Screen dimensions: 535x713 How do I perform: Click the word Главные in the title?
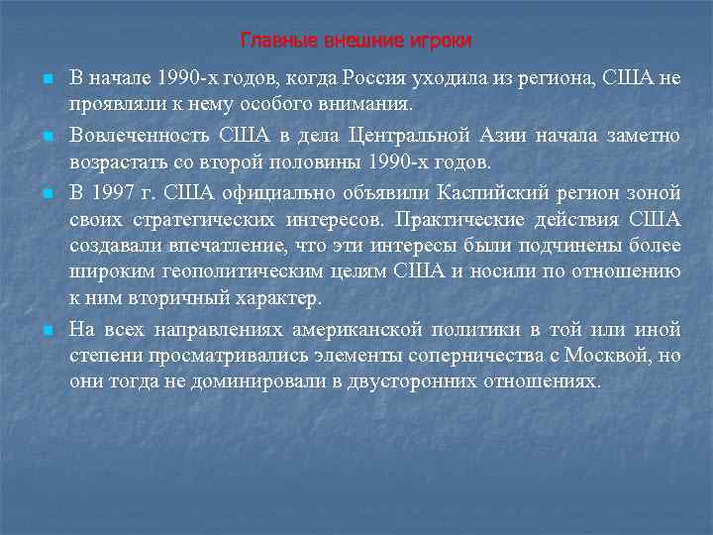[270, 41]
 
